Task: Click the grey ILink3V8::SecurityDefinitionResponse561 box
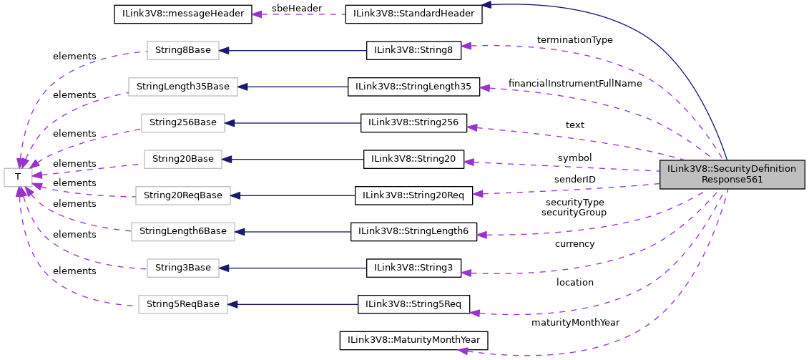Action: [x=732, y=175]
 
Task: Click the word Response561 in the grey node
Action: [x=732, y=180]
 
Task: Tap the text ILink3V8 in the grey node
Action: [x=685, y=169]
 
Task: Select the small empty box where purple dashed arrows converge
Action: [x=18, y=177]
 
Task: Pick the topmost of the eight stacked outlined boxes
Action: [x=183, y=51]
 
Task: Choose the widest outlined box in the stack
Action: [x=183, y=87]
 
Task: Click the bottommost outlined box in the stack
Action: [x=183, y=305]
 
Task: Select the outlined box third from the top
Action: [x=183, y=123]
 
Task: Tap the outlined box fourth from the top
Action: [x=183, y=160]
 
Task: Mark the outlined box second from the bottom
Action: [x=183, y=268]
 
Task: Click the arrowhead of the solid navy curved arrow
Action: [x=486, y=5]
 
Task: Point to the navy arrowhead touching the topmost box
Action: [x=225, y=51]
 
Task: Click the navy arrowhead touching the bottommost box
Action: [x=233, y=305]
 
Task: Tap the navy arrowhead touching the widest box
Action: [x=243, y=87]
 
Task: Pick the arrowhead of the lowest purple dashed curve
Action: [x=463, y=351]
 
